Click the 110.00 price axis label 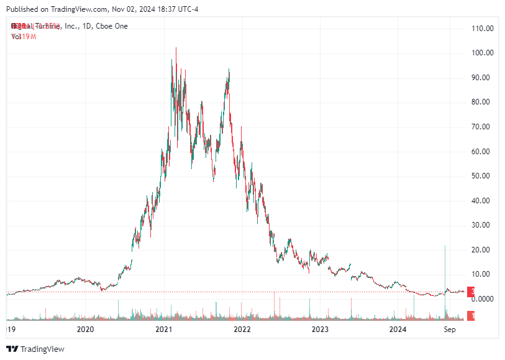(482, 29)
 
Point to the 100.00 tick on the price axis (482, 53)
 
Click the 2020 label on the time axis (85, 329)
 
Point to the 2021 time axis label (163, 329)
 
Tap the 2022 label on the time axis (242, 329)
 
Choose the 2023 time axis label (320, 329)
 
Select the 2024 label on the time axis (398, 329)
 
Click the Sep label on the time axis (450, 329)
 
